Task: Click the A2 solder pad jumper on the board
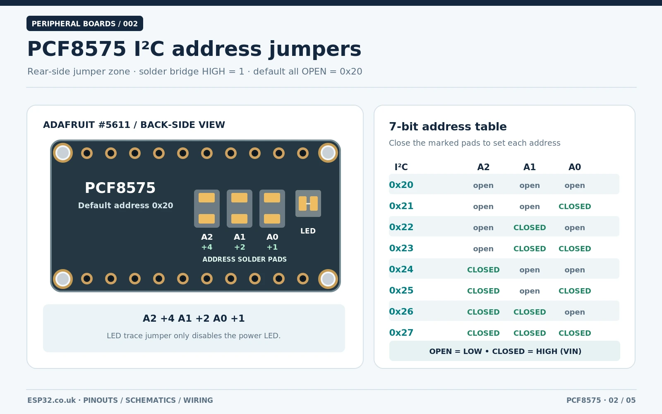point(206,209)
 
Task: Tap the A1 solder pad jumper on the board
point(240,209)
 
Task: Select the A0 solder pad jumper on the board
point(272,209)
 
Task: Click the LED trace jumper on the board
point(308,203)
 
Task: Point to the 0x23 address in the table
point(401,248)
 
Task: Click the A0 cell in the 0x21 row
point(575,207)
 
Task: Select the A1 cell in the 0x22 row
point(530,227)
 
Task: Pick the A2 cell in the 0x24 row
point(483,270)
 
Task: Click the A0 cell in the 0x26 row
point(575,312)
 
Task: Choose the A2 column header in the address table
point(483,167)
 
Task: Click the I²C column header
point(401,167)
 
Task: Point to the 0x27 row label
point(401,333)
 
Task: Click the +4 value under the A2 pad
point(206,247)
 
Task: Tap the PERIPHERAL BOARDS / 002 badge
point(85,23)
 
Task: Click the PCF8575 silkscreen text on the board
point(120,188)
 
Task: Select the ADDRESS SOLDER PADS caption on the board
point(245,259)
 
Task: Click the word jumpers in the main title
point(315,50)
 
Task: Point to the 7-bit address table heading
point(448,127)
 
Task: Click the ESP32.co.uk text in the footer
point(51,400)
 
